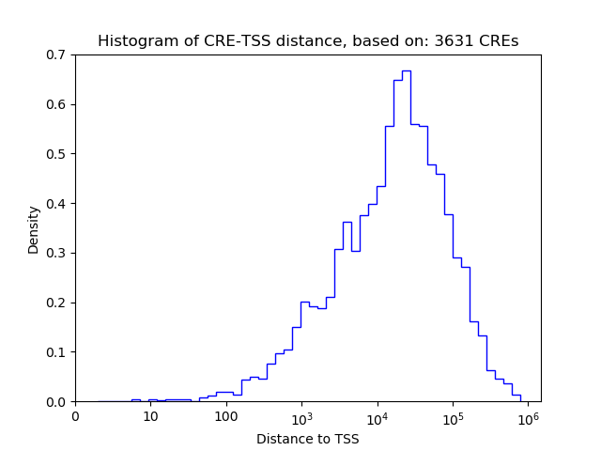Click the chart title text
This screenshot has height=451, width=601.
[x=307, y=41]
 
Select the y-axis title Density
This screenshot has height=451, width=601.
[x=34, y=228]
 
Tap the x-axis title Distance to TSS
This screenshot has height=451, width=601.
[x=307, y=439]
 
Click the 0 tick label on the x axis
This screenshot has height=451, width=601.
[x=75, y=416]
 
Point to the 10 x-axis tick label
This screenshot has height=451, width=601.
[x=150, y=416]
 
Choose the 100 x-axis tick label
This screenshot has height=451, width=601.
[x=225, y=416]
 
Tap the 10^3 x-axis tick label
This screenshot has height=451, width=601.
[x=301, y=415]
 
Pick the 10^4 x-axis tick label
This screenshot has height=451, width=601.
[x=377, y=415]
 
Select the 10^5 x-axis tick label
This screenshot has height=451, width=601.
[x=453, y=415]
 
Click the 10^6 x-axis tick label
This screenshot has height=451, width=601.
[x=528, y=415]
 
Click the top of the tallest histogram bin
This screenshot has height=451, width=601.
[x=406, y=70]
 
